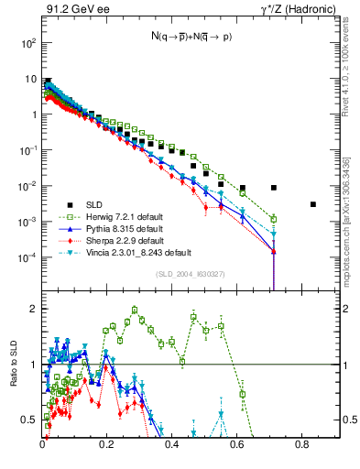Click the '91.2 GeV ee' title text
click(72, 10)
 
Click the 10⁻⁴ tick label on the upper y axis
click(29, 257)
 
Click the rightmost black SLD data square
click(313, 204)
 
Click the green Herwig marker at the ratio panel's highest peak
click(135, 310)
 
